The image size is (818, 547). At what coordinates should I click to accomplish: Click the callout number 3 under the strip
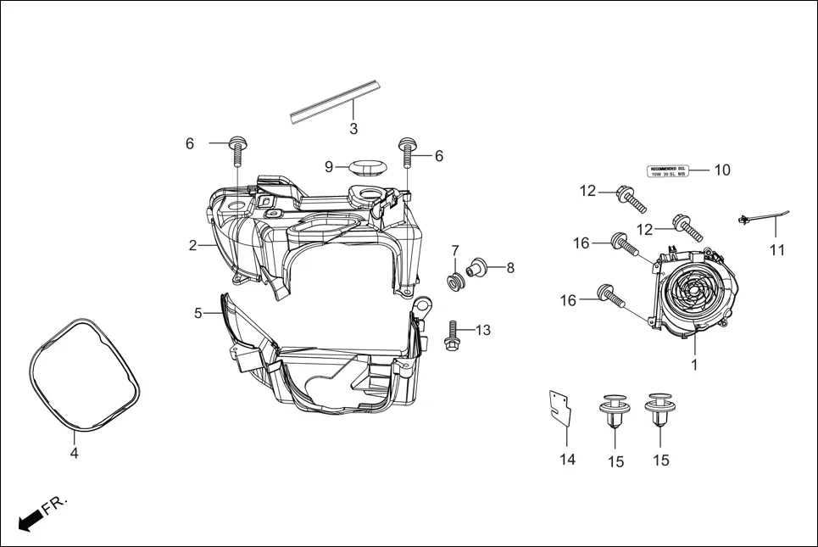353,130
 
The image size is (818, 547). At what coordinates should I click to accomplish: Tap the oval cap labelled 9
365,165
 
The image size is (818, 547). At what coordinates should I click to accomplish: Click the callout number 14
567,460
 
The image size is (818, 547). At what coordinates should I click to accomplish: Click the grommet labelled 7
455,281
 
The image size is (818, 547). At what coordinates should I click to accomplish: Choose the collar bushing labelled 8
478,267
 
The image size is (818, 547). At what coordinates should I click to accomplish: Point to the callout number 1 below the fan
694,366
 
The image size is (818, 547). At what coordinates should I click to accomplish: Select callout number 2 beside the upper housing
193,246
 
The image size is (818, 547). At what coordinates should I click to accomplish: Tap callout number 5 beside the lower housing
198,313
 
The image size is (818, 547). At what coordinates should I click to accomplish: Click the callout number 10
721,170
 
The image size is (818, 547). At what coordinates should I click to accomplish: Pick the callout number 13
482,330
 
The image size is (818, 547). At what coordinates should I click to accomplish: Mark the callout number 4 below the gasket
75,454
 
